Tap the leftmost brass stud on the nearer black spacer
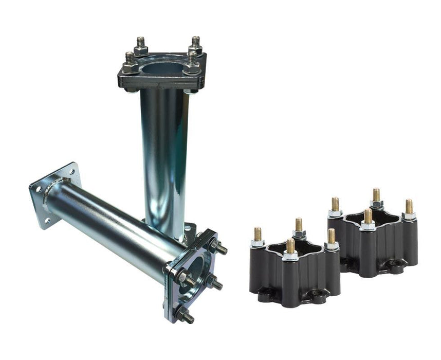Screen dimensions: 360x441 coord(258,235)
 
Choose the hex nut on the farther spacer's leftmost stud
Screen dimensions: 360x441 coord(335,212)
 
